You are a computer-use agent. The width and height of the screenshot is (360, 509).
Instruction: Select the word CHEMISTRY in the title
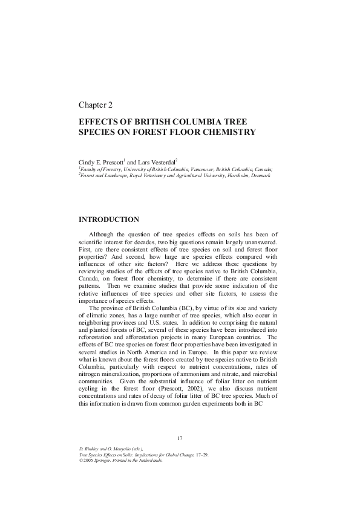(225, 132)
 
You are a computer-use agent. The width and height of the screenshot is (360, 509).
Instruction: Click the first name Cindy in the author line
(88, 163)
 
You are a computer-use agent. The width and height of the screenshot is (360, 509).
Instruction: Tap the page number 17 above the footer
(179, 438)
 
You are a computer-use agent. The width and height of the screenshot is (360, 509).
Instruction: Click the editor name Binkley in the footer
(91, 449)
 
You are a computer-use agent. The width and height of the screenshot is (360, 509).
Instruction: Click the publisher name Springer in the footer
(105, 460)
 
